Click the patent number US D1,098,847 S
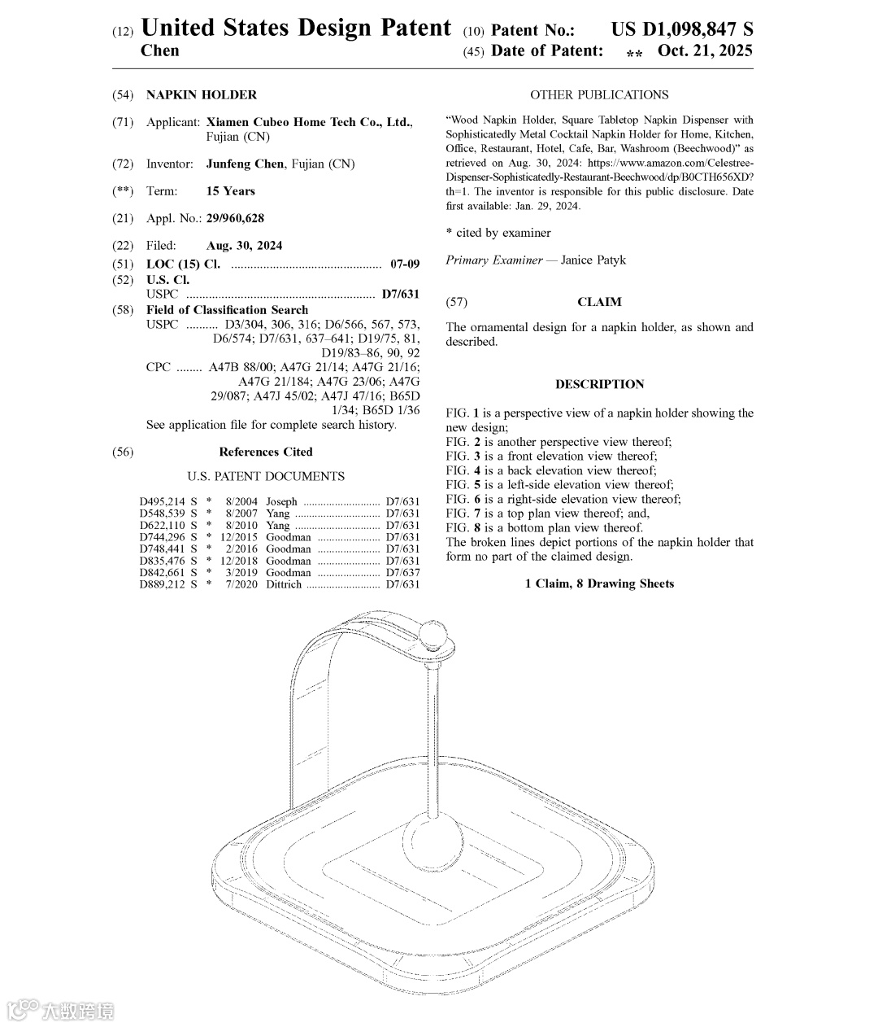click(682, 30)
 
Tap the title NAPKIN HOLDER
click(201, 94)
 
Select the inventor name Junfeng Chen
click(245, 164)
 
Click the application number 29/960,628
click(235, 218)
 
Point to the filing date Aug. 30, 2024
click(244, 245)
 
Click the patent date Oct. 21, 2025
click(705, 50)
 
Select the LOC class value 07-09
click(405, 264)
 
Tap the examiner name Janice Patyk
click(593, 260)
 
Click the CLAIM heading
click(599, 302)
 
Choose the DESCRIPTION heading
click(599, 384)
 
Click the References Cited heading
click(265, 452)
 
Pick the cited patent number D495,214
click(163, 502)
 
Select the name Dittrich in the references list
click(283, 584)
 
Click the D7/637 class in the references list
click(402, 573)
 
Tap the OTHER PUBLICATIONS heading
click(599, 94)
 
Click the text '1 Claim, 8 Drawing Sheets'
click(599, 583)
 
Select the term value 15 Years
click(231, 191)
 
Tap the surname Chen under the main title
click(160, 50)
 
